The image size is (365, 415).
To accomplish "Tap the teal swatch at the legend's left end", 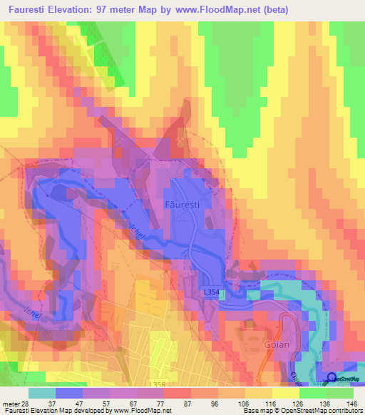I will coord(42,393).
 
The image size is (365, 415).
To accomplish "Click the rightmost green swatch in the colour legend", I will coord(340,393).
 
